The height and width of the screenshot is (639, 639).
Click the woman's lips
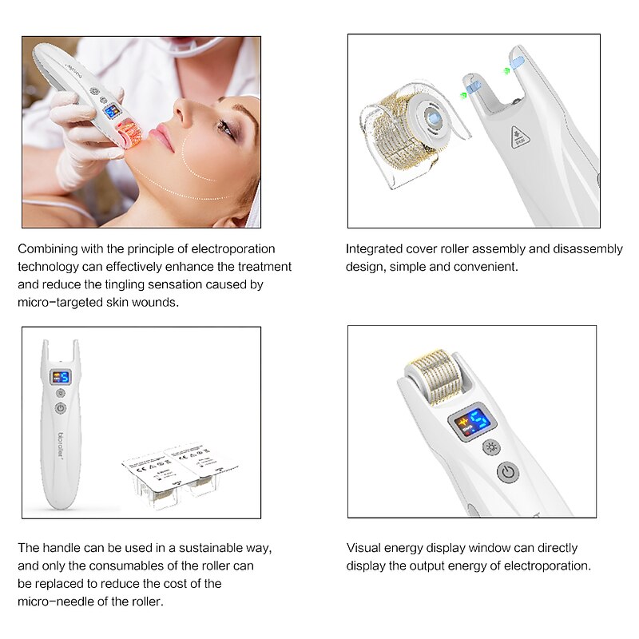coord(162,139)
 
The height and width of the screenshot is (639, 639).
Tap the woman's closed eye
coord(226,127)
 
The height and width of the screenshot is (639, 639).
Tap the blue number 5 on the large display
coord(477,420)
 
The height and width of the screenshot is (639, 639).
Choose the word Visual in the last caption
coord(362,548)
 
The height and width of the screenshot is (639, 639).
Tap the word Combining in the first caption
coord(46,249)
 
